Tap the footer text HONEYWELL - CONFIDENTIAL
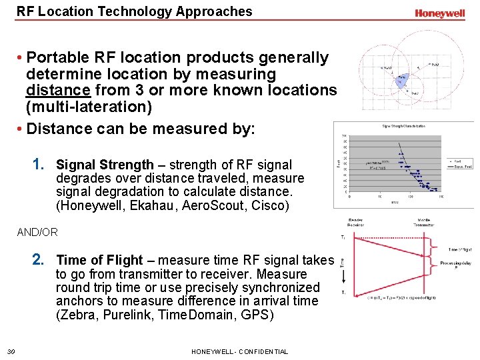coord(239,351)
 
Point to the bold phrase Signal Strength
coord(105,165)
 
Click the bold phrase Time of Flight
coord(99,260)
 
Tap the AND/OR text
coord(37,233)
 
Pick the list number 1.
coord(39,164)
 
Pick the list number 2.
coord(39,259)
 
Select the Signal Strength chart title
coord(404,126)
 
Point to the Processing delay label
coord(457,264)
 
